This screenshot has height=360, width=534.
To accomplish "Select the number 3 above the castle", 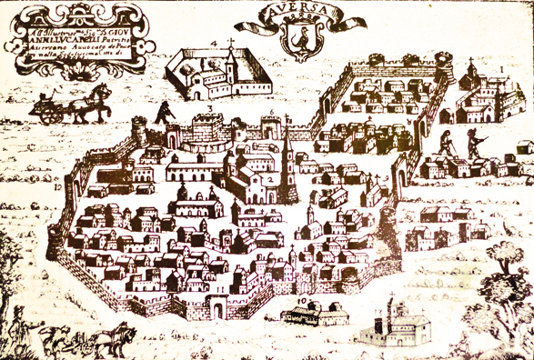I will coord(208,108).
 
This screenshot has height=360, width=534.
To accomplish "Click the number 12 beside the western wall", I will coord(56,187).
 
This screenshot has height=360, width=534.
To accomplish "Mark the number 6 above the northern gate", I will coord(272,113).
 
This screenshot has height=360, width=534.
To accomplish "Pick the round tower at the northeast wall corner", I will coord(444,66).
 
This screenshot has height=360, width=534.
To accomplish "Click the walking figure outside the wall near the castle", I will coord(165,112).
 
